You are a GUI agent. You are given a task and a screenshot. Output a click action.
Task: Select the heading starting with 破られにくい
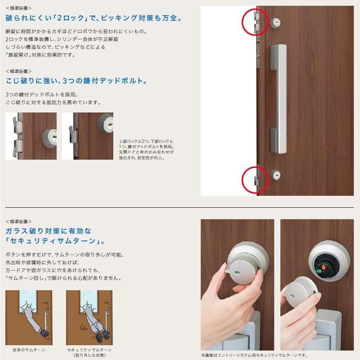(94, 18)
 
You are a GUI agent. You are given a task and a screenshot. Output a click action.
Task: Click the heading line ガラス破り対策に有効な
(48, 231)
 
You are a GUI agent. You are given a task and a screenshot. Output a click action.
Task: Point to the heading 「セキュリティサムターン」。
(55, 241)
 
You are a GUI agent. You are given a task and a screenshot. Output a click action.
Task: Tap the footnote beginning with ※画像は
(254, 355)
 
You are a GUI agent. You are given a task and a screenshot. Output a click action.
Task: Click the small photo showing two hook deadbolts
(31, 136)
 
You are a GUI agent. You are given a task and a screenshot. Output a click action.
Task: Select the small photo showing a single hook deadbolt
(87, 136)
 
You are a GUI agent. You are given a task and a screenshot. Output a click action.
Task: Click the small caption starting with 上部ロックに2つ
(146, 149)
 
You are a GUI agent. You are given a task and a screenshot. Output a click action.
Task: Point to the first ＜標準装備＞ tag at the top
(18, 8)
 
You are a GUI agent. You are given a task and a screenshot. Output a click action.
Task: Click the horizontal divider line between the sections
(180, 208)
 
